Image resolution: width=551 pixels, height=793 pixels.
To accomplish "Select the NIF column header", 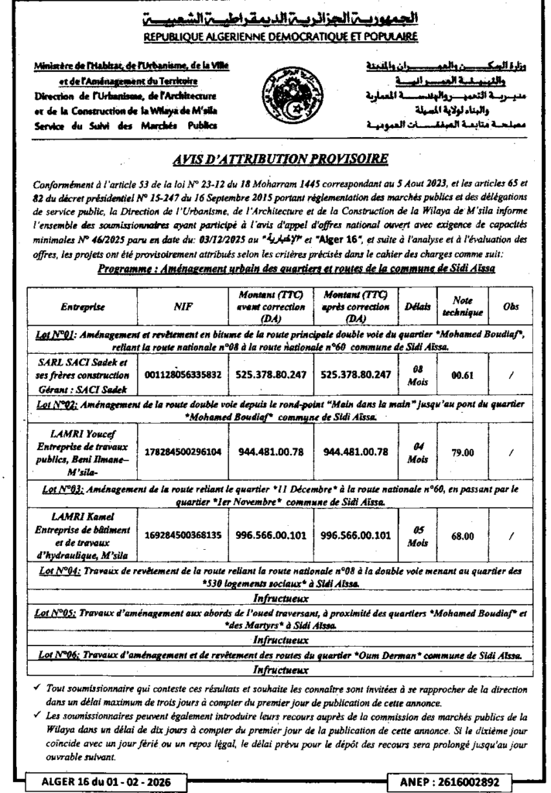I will point(183,307).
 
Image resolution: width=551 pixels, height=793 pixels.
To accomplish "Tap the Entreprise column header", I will point(82,307).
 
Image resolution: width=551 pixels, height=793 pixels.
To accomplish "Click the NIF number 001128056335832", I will point(183,374).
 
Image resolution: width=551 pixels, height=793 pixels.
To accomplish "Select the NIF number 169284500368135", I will point(183,534).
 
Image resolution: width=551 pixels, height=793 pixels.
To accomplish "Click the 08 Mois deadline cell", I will point(417,374).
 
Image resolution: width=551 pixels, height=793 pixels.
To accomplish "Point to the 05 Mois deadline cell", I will point(417,534).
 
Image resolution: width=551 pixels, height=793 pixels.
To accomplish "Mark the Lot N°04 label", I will point(58,571).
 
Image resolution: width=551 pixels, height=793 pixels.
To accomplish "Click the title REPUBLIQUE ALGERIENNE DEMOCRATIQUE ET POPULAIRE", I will point(280,36).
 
